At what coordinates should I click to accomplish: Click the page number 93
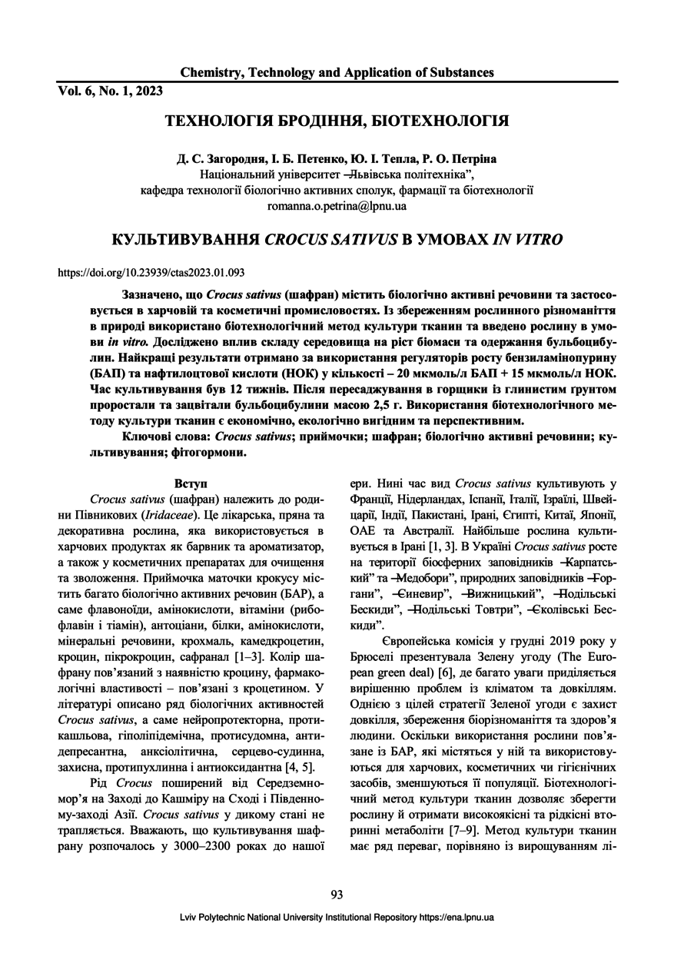tap(337, 894)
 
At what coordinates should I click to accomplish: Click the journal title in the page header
tap(337, 73)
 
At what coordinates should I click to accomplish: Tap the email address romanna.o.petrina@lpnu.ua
tap(337, 206)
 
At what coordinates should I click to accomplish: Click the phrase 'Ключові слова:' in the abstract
tap(167, 437)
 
